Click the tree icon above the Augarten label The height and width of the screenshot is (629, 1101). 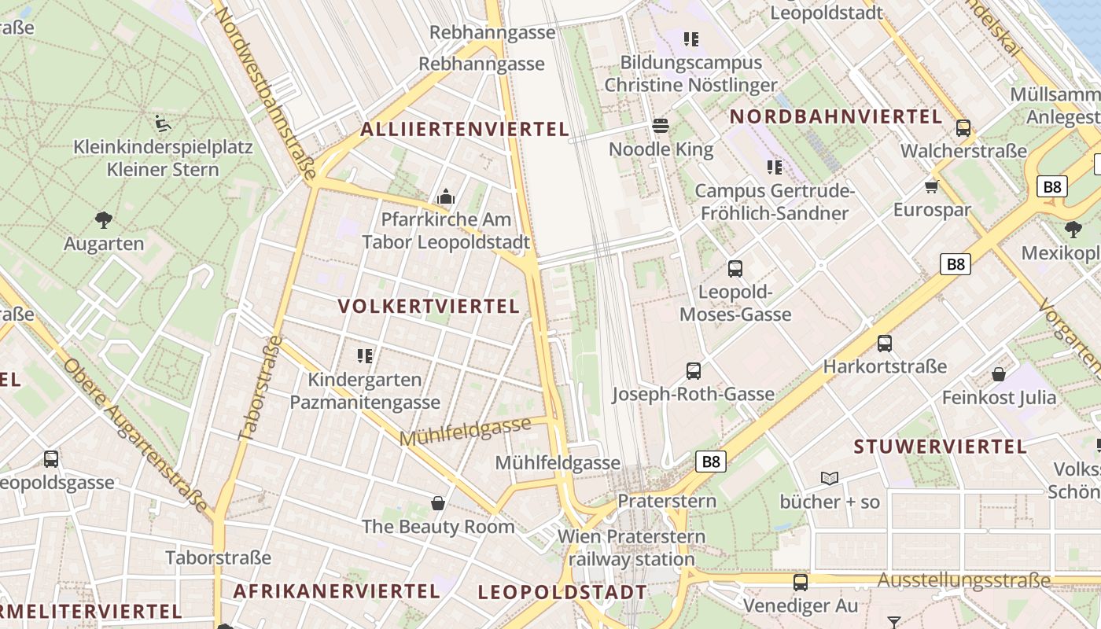pyautogui.click(x=103, y=219)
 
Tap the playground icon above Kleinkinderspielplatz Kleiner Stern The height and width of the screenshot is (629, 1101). pyautogui.click(x=162, y=123)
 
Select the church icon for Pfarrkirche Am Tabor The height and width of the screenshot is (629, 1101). pyautogui.click(x=446, y=196)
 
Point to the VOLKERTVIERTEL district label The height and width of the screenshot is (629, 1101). pyautogui.click(x=429, y=307)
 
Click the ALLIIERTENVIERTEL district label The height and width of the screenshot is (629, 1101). pyautogui.click(x=464, y=130)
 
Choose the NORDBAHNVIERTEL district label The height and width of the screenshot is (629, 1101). pyautogui.click(x=836, y=117)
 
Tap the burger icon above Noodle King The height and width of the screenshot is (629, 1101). pyautogui.click(x=661, y=126)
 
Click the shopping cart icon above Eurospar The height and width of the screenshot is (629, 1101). pyautogui.click(x=932, y=186)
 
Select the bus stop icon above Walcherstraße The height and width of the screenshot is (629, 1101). pyautogui.click(x=963, y=127)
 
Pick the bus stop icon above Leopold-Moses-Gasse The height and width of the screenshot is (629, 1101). pyautogui.click(x=735, y=269)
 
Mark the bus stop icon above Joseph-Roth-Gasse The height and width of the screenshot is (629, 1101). pyautogui.click(x=693, y=371)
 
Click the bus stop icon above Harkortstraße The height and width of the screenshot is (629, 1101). pyautogui.click(x=885, y=344)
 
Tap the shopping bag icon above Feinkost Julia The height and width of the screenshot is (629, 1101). pyautogui.click(x=999, y=373)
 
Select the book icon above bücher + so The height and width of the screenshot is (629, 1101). pyautogui.click(x=829, y=478)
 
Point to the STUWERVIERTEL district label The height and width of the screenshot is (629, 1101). pyautogui.click(x=941, y=447)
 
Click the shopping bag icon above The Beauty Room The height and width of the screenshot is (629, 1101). pyautogui.click(x=438, y=503)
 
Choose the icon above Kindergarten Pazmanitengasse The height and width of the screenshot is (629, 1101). pyautogui.click(x=364, y=356)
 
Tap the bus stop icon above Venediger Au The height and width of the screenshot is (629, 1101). pyautogui.click(x=801, y=583)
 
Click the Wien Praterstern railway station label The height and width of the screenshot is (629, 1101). pyautogui.click(x=632, y=548)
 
